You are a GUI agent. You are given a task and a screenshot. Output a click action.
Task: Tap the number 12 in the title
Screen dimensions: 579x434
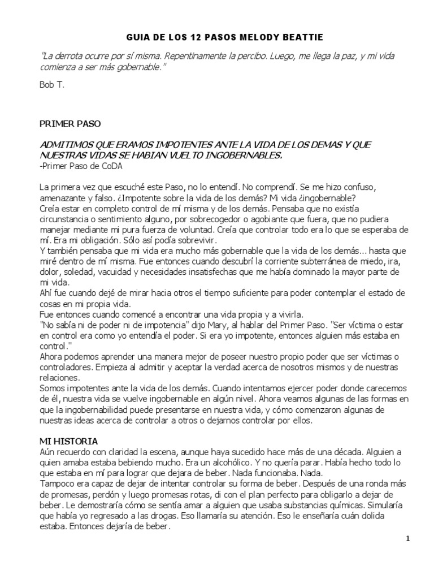tap(199, 37)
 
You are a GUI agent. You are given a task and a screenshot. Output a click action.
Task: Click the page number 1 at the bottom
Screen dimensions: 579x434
tap(407, 539)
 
